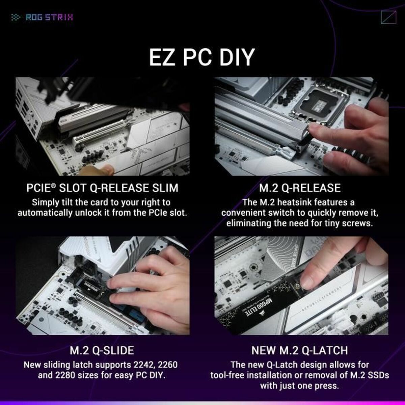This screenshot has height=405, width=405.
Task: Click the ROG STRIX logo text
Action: [49, 17]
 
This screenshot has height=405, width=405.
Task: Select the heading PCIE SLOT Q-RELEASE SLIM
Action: [102, 188]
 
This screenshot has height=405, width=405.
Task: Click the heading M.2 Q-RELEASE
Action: [300, 188]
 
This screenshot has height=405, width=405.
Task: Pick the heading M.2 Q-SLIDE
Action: [102, 350]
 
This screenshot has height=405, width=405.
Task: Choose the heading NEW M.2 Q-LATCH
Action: [299, 350]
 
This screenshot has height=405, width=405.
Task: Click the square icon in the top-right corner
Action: [387, 17]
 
